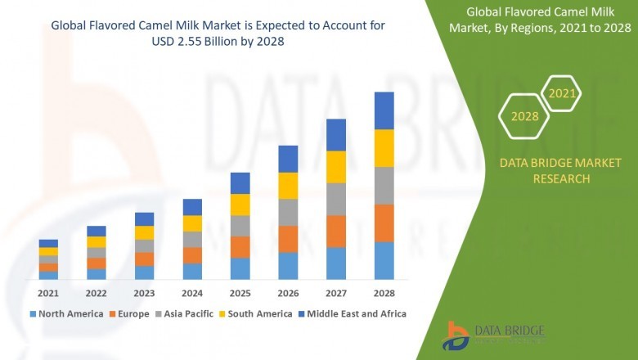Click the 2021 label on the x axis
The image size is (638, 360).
pyautogui.click(x=48, y=293)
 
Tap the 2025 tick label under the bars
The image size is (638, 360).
pyautogui.click(x=240, y=293)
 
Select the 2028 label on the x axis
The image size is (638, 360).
pyautogui.click(x=384, y=293)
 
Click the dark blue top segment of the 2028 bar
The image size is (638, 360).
pyautogui.click(x=384, y=110)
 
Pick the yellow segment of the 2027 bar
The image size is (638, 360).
pyautogui.click(x=336, y=167)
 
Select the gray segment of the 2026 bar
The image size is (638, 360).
pyautogui.click(x=288, y=212)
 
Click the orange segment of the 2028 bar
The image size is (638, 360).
pyautogui.click(x=384, y=223)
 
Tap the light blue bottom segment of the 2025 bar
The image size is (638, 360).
pyautogui.click(x=240, y=268)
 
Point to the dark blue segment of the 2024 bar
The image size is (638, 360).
pyautogui.click(x=192, y=207)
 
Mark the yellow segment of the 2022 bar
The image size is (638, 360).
pyautogui.click(x=97, y=242)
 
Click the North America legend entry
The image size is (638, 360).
pyautogui.click(x=66, y=313)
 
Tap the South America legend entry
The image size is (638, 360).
pyautogui.click(x=256, y=313)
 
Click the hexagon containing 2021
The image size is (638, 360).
pyautogui.click(x=561, y=94)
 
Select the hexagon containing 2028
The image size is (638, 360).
pyautogui.click(x=524, y=116)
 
